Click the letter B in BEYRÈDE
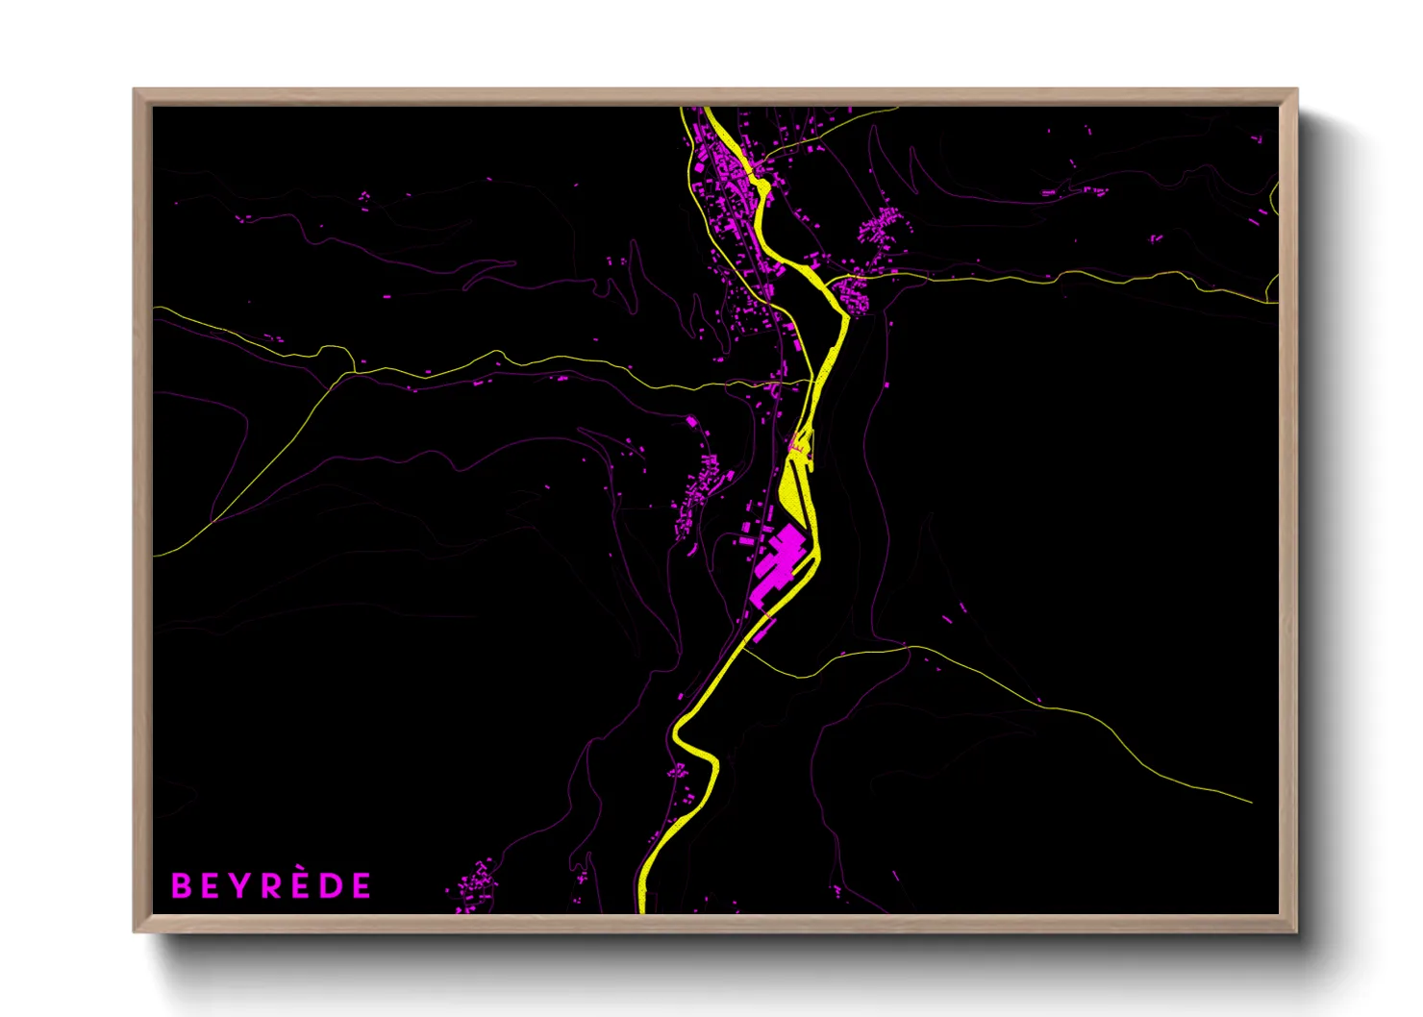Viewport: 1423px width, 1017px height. pyautogui.click(x=181, y=885)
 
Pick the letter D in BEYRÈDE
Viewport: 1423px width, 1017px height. pyautogui.click(x=331, y=885)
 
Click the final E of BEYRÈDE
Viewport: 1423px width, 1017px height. pyautogui.click(x=362, y=885)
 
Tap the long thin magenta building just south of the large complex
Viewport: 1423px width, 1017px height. pyautogui.click(x=764, y=630)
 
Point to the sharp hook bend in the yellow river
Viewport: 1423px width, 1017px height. pyautogui.click(x=677, y=735)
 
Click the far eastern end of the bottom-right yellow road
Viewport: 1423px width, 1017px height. pyautogui.click(x=1251, y=802)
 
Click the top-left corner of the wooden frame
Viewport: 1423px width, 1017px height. pyautogui.click(x=135, y=90)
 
